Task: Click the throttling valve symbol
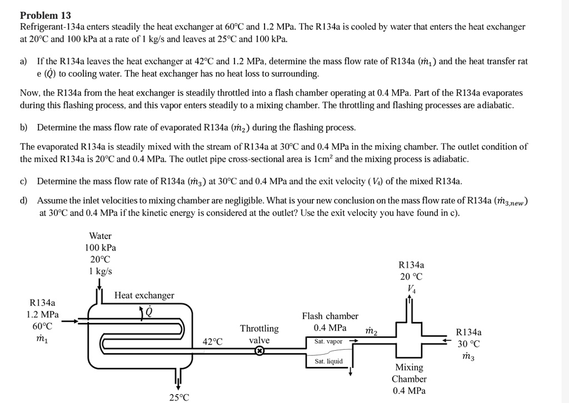[x=259, y=351]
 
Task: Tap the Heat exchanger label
[x=144, y=295]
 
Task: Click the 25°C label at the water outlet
[x=179, y=397]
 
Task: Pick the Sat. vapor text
[x=328, y=341]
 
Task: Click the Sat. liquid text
[x=328, y=361]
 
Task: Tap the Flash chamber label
[x=330, y=316]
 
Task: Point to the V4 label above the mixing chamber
[x=411, y=288]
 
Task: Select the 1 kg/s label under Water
[x=101, y=271]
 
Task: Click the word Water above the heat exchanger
[x=100, y=236]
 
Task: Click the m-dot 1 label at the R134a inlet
[x=42, y=339]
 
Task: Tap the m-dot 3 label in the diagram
[x=468, y=356]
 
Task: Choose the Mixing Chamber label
[x=409, y=373]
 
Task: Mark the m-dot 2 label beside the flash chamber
[x=371, y=332]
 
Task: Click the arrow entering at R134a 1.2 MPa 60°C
[x=70, y=321]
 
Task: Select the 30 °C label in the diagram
[x=468, y=344]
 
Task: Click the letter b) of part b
[x=24, y=127]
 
